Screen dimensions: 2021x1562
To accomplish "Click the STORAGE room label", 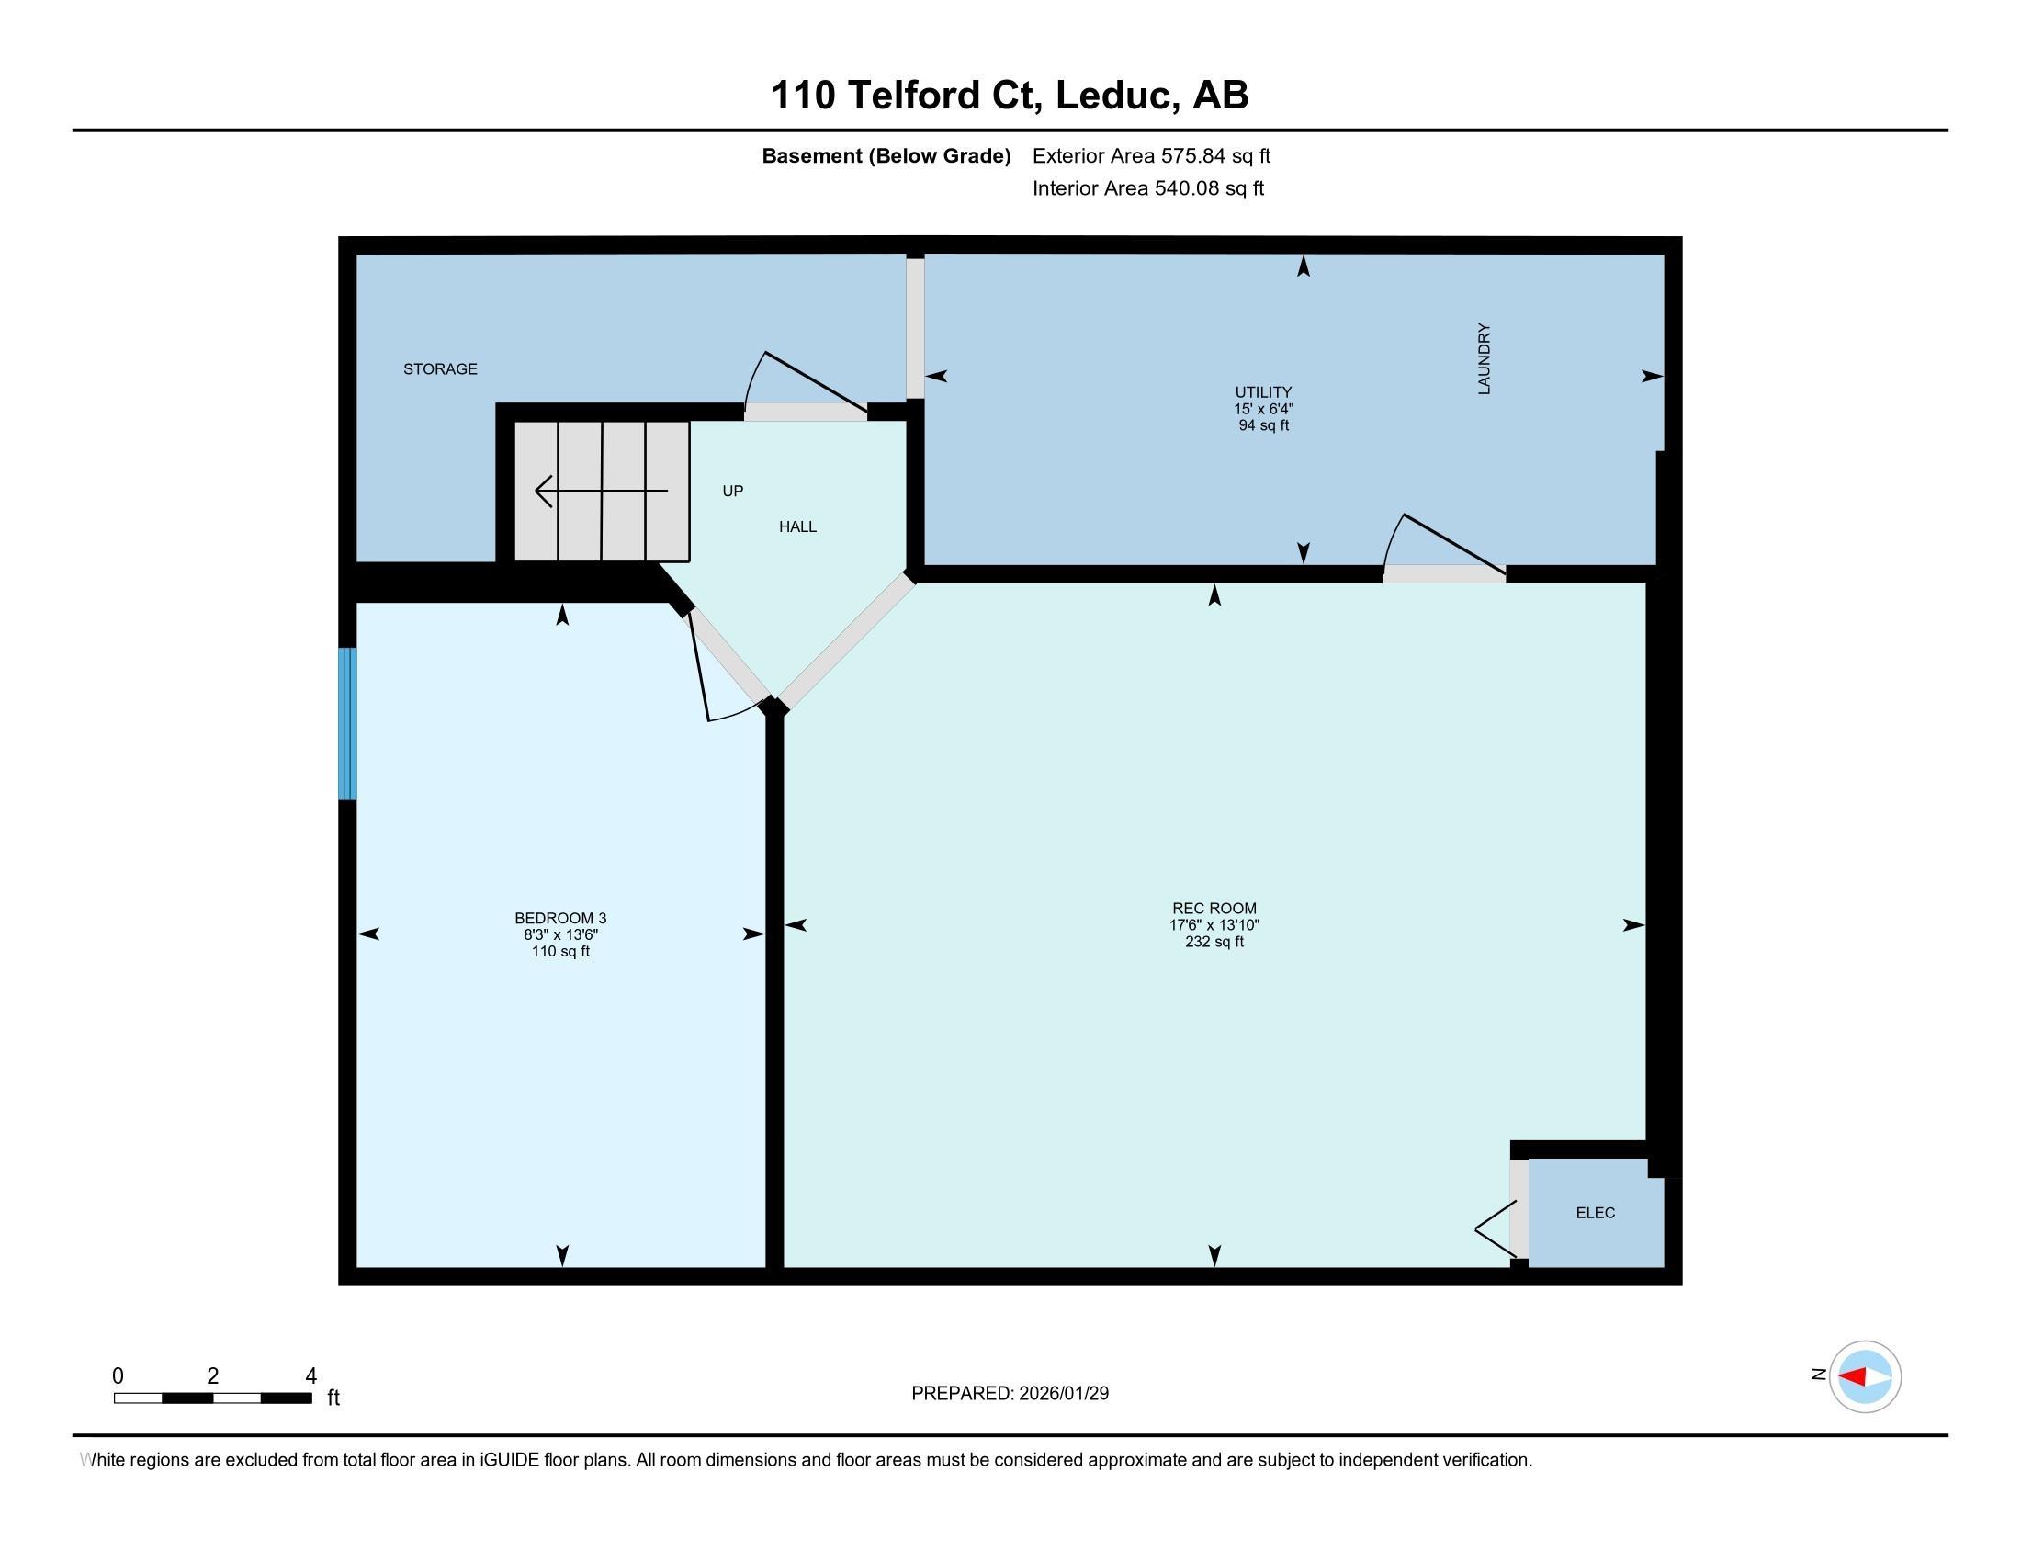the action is (440, 369).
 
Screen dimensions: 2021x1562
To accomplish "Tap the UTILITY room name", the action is (1263, 392).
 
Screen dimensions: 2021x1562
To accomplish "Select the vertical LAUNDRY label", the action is (1485, 359).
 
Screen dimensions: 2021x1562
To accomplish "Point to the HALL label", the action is (797, 526).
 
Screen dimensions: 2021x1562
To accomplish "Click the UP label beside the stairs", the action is (733, 492).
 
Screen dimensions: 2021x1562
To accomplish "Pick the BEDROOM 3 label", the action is (560, 918).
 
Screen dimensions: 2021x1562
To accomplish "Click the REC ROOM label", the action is (1214, 909).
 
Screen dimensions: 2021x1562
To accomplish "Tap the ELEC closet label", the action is (1596, 1213).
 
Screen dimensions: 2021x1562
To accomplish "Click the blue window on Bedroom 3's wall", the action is (347, 724).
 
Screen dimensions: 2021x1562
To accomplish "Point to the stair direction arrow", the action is (602, 491).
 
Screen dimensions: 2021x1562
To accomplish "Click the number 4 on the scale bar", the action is (310, 1376).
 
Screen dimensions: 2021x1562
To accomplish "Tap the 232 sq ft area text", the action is (1214, 942).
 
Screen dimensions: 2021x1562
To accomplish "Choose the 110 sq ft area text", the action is (560, 951).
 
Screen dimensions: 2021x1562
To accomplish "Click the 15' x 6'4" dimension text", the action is (1263, 409).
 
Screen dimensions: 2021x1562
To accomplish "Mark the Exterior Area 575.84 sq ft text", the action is (1151, 156).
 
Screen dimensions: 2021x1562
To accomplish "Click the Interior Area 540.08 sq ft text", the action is (1148, 188).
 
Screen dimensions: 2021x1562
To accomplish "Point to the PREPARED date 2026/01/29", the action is (1062, 1394).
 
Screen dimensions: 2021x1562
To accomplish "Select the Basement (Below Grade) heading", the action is (886, 156).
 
